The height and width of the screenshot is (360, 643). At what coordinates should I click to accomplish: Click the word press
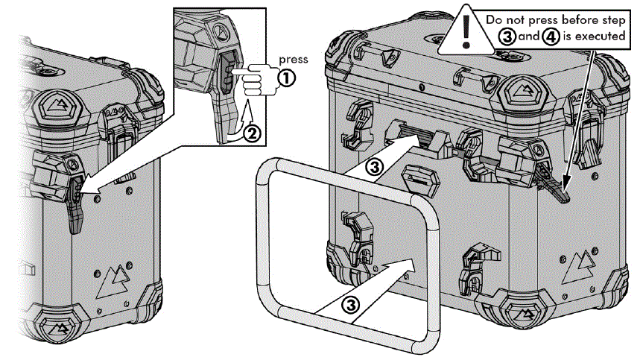(x=292, y=57)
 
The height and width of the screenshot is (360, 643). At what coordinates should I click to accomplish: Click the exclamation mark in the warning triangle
(x=467, y=30)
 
